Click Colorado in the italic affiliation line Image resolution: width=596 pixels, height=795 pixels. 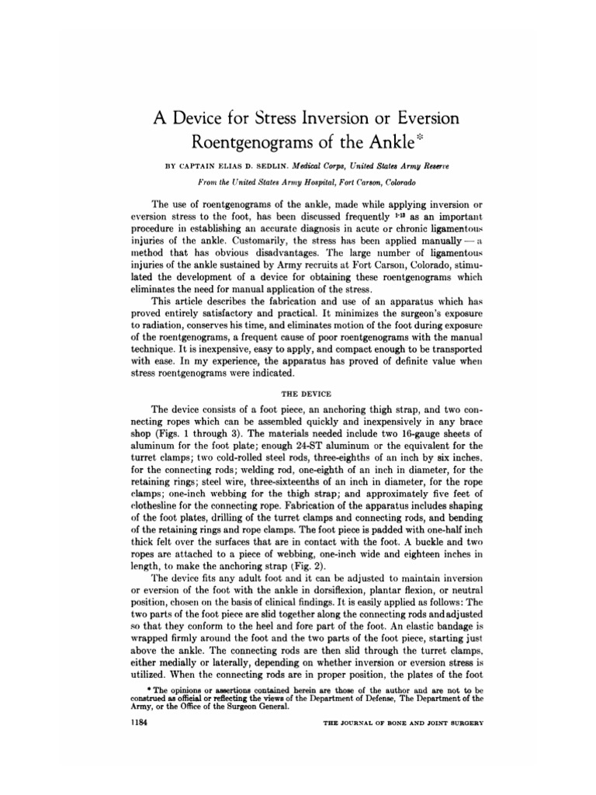(x=394, y=182)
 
